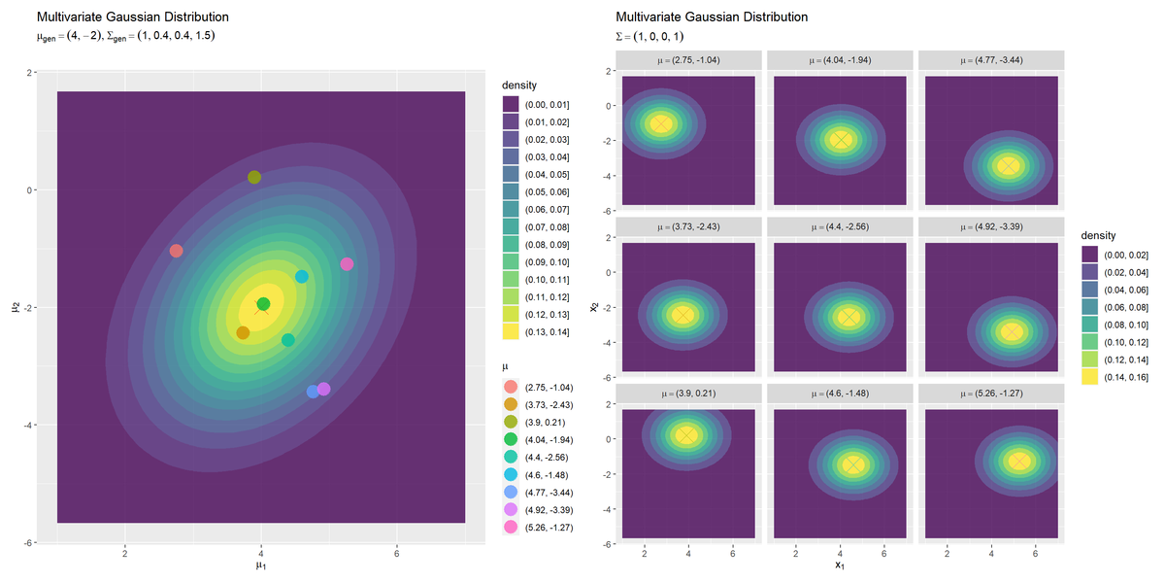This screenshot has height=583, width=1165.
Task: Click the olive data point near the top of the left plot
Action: [x=254, y=178]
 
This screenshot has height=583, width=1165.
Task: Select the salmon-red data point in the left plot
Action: [x=177, y=251]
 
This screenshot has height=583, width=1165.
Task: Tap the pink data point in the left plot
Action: [x=347, y=264]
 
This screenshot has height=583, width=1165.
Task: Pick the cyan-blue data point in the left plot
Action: [x=302, y=276]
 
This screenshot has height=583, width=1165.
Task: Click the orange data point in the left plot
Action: [x=243, y=332]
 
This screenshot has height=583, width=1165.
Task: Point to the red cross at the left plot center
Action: [x=261, y=307]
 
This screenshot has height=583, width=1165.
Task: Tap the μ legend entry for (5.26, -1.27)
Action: [x=538, y=528]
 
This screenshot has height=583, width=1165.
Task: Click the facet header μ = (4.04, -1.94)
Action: [x=840, y=60]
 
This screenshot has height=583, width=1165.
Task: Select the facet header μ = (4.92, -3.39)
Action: [x=991, y=227]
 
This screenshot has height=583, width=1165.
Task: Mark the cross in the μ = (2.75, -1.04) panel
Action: [x=661, y=124]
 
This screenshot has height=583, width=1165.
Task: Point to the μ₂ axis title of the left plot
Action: [x=16, y=307]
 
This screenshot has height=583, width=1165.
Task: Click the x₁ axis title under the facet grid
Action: [x=840, y=565]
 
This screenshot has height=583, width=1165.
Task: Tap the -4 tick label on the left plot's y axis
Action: [x=29, y=426]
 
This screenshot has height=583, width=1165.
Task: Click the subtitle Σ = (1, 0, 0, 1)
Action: [x=649, y=37]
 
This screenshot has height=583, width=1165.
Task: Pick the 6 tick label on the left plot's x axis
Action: [x=397, y=553]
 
